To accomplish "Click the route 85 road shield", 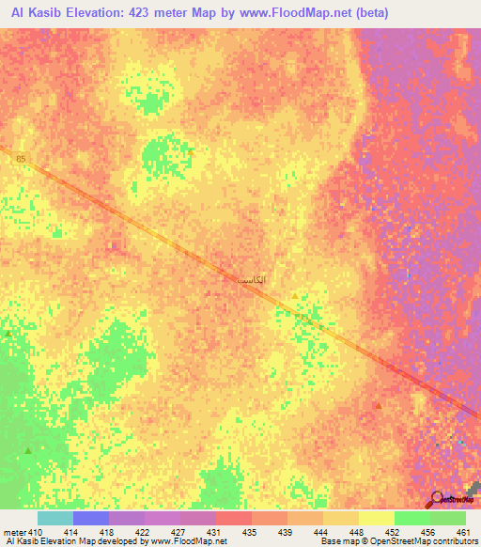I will pos(21,160).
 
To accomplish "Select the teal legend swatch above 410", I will pos(54,518).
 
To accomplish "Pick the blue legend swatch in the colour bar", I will pos(90,518).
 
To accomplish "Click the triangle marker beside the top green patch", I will pos(191,150).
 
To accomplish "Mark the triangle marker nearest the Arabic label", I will pos(294,296).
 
